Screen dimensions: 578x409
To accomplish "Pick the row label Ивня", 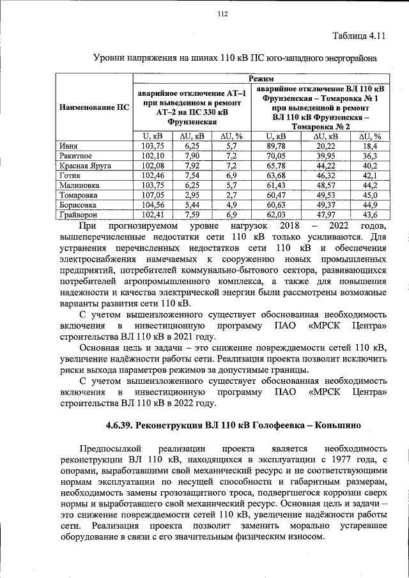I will click(69, 146).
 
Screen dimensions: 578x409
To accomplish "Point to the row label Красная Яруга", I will click(85, 165).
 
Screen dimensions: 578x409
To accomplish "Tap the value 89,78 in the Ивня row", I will click(275, 146).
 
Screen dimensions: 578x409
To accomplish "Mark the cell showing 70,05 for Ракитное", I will click(275, 155).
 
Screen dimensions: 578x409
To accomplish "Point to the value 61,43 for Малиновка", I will click(275, 185).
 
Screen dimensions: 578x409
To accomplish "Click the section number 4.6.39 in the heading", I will click(123, 425).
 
